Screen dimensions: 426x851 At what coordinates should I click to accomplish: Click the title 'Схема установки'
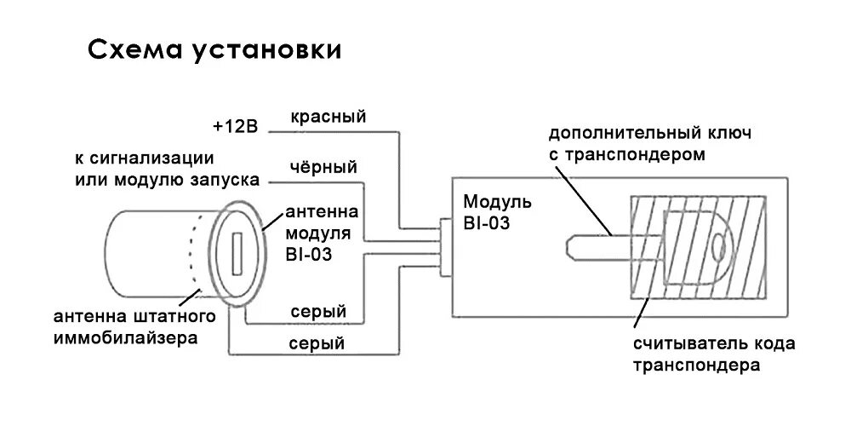pyautogui.click(x=214, y=51)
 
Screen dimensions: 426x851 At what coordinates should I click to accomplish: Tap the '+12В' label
pyautogui.click(x=235, y=126)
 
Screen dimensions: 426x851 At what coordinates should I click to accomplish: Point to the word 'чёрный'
pyautogui.click(x=323, y=167)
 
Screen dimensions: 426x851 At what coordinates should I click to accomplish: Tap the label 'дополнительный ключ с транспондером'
pyautogui.click(x=650, y=144)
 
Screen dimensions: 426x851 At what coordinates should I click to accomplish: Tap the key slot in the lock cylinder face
pyautogui.click(x=237, y=253)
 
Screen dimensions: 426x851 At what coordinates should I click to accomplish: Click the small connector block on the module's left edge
pyautogui.click(x=444, y=247)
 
